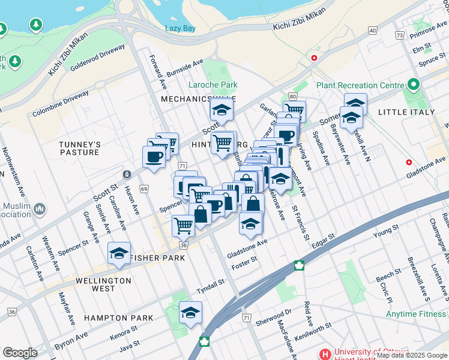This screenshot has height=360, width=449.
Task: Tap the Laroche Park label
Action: pos(212,85)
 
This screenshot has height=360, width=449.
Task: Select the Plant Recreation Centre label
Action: pos(360,85)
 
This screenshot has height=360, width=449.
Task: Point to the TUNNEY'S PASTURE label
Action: pos(79,148)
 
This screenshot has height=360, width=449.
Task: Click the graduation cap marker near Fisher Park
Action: pos(119,253)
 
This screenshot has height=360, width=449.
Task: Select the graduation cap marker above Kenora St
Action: pos(191,313)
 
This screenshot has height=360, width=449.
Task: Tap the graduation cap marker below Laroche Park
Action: pos(221,110)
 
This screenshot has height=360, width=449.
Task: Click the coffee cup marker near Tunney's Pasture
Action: pos(154,157)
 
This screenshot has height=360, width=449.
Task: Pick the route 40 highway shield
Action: pos(373,30)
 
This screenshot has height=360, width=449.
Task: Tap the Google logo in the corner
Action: pos(20,353)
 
